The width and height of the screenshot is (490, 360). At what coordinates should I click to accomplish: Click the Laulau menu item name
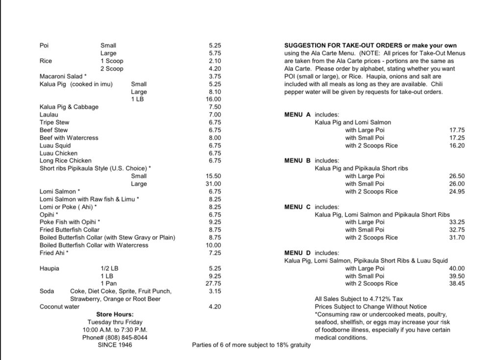[x=49, y=115]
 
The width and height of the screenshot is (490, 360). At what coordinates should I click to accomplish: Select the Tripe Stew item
[x=54, y=122]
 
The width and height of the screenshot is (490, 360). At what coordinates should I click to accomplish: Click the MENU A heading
[x=297, y=115]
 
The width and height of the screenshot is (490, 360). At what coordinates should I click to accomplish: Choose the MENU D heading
[x=297, y=253]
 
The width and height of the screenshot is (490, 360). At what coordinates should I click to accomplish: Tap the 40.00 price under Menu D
[x=457, y=268]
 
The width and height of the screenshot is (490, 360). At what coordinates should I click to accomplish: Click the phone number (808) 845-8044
[x=115, y=337]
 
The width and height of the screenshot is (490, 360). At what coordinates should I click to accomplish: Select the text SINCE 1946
[x=115, y=345]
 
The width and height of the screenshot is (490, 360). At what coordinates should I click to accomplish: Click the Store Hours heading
[x=115, y=314]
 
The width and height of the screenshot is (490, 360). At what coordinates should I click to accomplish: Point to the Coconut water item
[x=59, y=307]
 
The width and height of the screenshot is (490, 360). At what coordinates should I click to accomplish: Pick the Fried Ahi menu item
[x=54, y=253]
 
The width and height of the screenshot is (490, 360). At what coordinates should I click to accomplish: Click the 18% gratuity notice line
[x=251, y=345]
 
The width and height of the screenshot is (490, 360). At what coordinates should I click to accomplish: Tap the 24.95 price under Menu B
[x=457, y=192]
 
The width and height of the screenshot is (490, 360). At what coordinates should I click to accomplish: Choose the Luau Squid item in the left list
[x=55, y=145]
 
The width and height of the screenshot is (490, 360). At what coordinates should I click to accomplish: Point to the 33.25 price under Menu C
[x=457, y=222]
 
